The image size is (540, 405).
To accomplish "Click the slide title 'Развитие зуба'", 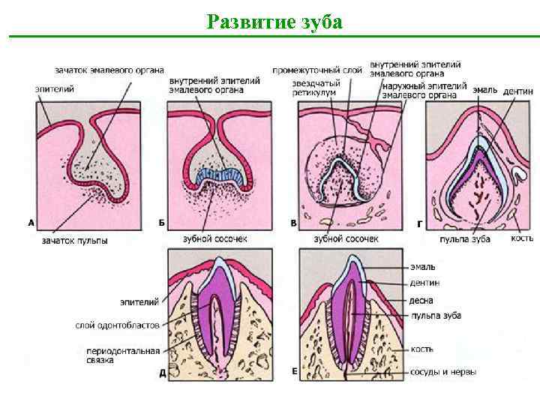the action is tap(274, 21).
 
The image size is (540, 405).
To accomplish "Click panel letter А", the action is tap(31, 223).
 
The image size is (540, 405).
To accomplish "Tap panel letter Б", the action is tap(163, 223).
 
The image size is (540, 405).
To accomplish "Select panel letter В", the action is tap(293, 223).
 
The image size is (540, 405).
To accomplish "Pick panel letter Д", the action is tap(163, 373).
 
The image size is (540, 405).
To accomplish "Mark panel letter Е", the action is tap(294, 373).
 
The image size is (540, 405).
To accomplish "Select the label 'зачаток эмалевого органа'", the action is tap(109, 70).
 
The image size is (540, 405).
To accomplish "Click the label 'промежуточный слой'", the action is tap(317, 70).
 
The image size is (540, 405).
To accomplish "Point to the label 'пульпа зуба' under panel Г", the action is tap(465, 238).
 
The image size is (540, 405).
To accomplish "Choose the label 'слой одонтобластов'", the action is tap(117, 325).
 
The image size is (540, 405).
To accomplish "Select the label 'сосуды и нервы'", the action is tap(443, 371).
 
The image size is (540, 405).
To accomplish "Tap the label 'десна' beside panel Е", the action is tap(421, 299).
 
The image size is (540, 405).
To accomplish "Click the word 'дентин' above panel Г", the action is tap(518, 91).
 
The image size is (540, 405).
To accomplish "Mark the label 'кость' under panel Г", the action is tap(522, 238).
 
